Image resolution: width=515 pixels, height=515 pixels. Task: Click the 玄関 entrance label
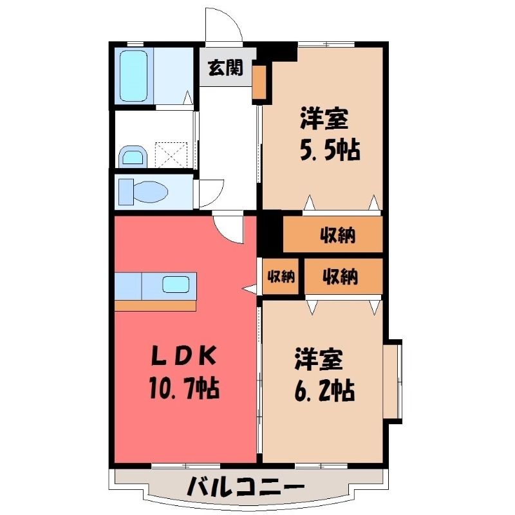tap(226, 68)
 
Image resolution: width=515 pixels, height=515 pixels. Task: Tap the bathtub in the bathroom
tap(133, 76)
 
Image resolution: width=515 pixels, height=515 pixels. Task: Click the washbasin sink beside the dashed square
tap(133, 156)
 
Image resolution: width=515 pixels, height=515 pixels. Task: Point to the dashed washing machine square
tap(171, 154)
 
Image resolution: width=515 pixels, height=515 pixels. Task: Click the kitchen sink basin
tap(176, 285)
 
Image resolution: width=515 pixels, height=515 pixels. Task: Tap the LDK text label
tap(184, 356)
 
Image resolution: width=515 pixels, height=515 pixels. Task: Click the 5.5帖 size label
tap(330, 150)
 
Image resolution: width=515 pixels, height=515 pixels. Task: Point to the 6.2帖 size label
tap(324, 390)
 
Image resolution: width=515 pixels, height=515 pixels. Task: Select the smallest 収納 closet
tap(281, 277)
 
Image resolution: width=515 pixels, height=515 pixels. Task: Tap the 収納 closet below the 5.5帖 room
tap(333, 234)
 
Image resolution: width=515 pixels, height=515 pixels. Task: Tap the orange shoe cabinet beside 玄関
tap(259, 82)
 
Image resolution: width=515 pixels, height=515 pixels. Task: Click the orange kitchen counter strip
tap(155, 305)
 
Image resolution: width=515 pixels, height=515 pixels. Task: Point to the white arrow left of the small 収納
tap(249, 288)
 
